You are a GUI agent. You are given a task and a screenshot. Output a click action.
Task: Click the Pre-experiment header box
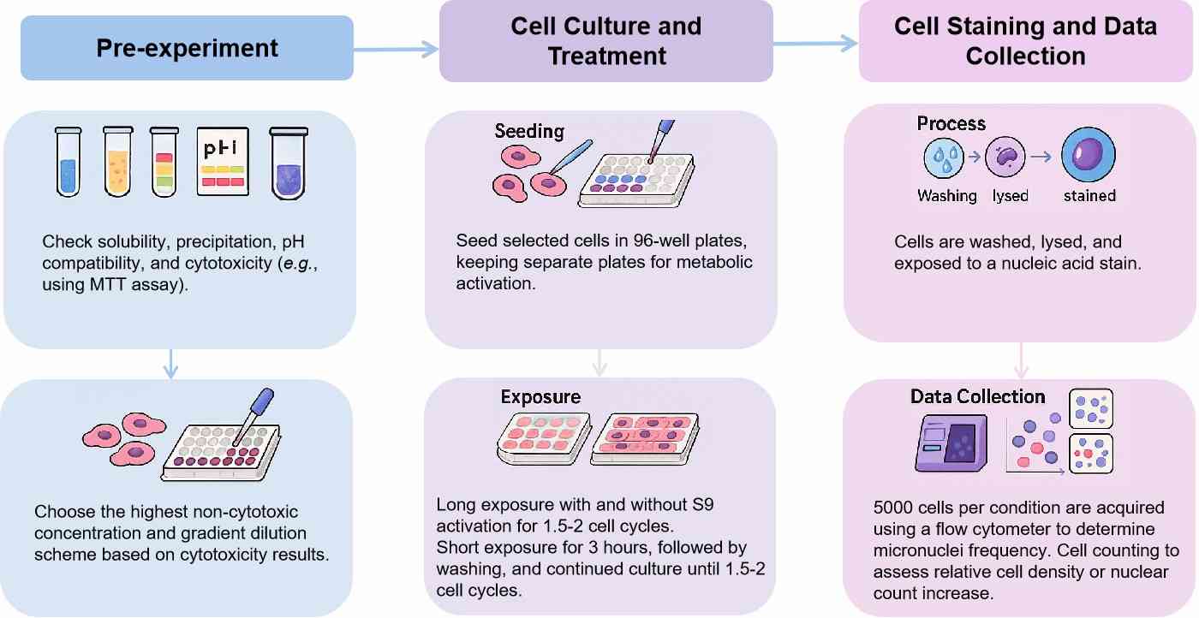(x=187, y=48)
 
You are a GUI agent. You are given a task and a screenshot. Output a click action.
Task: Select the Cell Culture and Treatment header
(x=605, y=40)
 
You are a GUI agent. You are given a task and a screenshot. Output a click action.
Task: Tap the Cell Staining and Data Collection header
(x=1025, y=40)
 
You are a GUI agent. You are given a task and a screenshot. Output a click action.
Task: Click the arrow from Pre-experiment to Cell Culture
(x=396, y=50)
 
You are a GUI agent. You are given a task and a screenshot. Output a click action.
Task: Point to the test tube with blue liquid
(x=68, y=162)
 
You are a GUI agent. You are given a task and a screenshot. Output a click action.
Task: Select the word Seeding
(x=529, y=131)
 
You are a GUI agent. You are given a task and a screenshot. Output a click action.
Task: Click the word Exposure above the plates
(x=540, y=397)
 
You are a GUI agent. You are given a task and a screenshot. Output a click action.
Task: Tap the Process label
(x=951, y=123)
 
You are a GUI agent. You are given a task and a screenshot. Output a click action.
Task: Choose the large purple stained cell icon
(x=1089, y=159)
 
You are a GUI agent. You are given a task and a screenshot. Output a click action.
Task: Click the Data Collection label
(x=977, y=397)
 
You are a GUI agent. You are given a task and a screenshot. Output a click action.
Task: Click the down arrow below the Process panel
(x=1020, y=361)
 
